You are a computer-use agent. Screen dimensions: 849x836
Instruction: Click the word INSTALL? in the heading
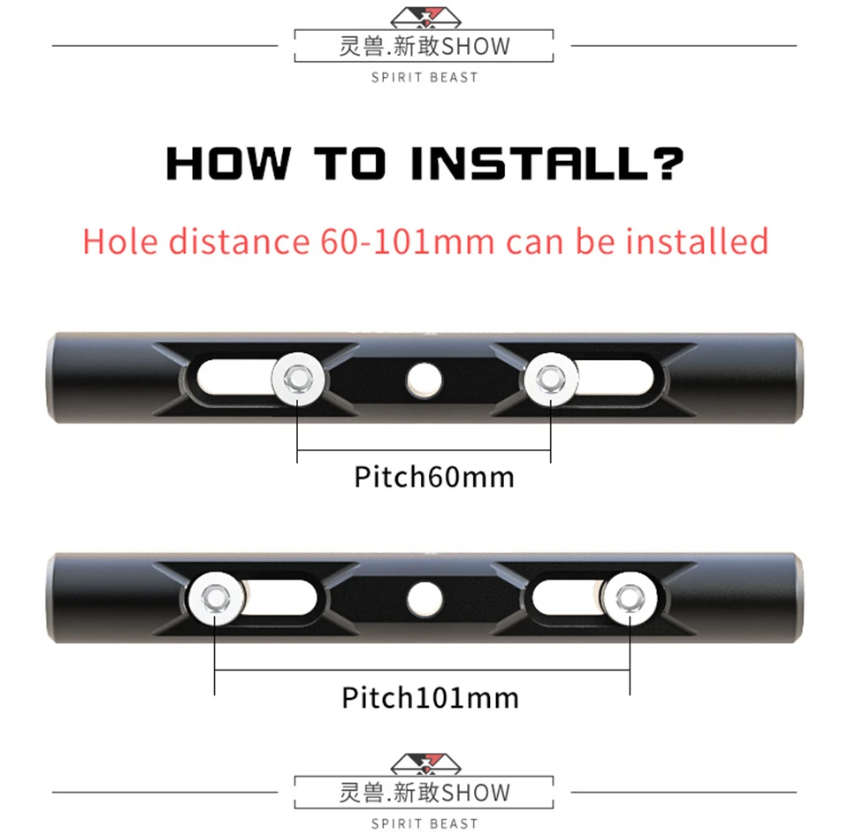click(x=547, y=163)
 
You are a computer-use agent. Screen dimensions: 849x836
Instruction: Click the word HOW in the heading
click(x=228, y=163)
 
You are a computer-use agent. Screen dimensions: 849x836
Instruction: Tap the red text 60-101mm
click(x=407, y=242)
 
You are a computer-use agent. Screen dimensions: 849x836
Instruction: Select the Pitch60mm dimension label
click(x=434, y=478)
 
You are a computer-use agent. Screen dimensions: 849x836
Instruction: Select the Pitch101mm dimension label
click(x=431, y=697)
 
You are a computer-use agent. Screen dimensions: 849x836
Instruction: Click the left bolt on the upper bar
click(x=298, y=379)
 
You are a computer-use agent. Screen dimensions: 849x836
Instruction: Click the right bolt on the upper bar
click(x=551, y=379)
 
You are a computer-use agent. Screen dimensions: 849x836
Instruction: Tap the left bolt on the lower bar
click(x=215, y=598)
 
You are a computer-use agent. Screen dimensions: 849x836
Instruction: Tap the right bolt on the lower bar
click(x=630, y=598)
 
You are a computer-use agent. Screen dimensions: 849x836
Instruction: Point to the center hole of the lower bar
click(x=424, y=599)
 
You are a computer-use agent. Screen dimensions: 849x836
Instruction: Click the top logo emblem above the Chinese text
click(x=425, y=18)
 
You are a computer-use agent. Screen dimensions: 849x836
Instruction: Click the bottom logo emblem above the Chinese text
click(x=425, y=763)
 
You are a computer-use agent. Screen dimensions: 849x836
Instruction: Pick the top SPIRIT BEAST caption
click(x=425, y=78)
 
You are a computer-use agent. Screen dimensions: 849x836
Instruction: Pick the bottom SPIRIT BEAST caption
click(x=425, y=824)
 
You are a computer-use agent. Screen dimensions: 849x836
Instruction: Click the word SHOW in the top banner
click(x=476, y=47)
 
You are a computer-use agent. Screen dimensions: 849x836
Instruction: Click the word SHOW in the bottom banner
click(x=476, y=793)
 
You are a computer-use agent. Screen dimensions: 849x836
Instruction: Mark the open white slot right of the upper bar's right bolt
click(x=616, y=379)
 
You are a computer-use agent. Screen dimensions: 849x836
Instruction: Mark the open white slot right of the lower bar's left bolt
click(x=279, y=598)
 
